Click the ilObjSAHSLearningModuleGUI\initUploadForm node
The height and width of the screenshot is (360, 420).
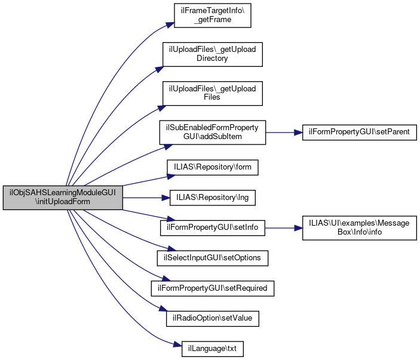pyautogui.click(x=63, y=198)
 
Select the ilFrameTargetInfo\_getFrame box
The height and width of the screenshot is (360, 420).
pyautogui.click(x=211, y=15)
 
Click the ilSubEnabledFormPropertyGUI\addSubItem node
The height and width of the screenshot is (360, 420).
pyautogui.click(x=212, y=133)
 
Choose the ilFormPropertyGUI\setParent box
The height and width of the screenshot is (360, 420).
pyautogui.click(x=359, y=133)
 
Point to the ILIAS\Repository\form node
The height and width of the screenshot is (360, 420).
pyautogui.click(x=213, y=168)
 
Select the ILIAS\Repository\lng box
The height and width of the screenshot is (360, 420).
pyautogui.click(x=213, y=198)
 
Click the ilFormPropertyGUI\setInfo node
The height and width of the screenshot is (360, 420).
pyautogui.click(x=212, y=227)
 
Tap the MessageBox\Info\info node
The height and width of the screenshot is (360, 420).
pyautogui.click(x=359, y=227)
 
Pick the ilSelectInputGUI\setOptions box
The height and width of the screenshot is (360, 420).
pyautogui.click(x=212, y=258)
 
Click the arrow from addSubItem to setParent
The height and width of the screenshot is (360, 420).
pyautogui.click(x=284, y=133)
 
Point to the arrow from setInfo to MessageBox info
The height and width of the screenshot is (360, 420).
pyautogui.click(x=284, y=227)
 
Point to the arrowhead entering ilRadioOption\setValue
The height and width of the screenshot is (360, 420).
pyautogui.click(x=162, y=310)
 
